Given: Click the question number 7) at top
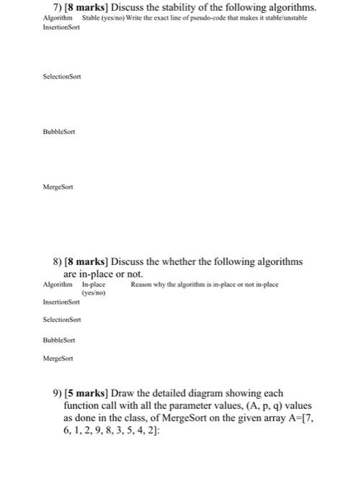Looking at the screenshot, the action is [48, 7].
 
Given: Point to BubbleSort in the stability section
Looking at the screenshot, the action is [59, 132].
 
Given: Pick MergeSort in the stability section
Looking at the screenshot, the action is [58, 186].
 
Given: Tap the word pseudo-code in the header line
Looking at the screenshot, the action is [232, 17].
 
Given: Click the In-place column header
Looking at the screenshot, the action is [94, 285].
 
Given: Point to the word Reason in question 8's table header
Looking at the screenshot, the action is [141, 285].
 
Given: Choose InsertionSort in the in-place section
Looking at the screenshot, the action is [62, 303].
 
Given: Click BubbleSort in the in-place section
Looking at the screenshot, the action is [59, 339].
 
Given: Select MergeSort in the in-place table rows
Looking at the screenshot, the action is [58, 357].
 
